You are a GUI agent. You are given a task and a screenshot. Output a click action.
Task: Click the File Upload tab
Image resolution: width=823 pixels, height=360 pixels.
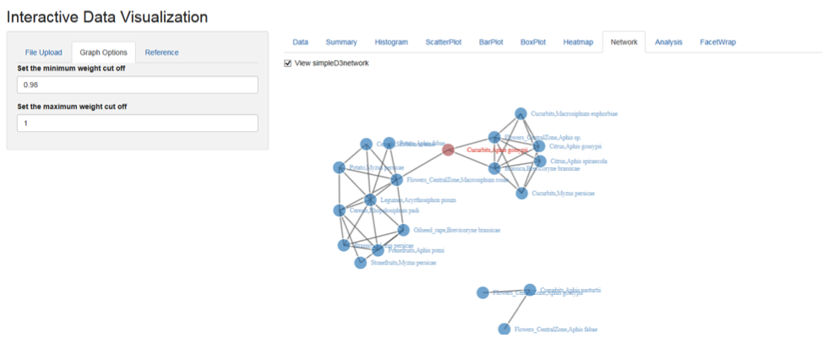point(43,52)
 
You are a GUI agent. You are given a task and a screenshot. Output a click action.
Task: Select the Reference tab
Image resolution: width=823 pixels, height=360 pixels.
point(161,52)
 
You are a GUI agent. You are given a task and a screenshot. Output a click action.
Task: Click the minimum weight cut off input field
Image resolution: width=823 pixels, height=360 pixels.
point(137,85)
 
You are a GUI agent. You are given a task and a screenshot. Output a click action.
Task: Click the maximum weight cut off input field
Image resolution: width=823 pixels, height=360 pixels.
point(137,123)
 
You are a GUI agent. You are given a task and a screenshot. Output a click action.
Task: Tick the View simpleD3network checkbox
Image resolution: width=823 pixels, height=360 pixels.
point(288,63)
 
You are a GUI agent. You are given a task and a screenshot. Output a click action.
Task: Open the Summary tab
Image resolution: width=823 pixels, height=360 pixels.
point(341,42)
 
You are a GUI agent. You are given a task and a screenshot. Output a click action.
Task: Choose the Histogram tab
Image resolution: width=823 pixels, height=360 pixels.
point(391,42)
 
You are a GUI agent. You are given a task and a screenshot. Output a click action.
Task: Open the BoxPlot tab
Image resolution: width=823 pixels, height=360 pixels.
point(533,42)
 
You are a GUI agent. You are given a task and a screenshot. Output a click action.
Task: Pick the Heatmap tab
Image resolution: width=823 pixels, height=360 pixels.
point(578,42)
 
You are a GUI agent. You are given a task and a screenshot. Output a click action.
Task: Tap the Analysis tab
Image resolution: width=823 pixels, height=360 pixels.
point(668,42)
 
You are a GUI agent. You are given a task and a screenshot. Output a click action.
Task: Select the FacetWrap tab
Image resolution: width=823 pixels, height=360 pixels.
point(717,42)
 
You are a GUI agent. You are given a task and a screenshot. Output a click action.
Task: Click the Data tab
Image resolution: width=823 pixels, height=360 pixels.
point(300,42)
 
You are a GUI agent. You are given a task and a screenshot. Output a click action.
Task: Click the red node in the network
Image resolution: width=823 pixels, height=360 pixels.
point(449,150)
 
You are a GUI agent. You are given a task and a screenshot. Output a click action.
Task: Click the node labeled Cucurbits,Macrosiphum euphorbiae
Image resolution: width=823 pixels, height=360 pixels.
point(521,114)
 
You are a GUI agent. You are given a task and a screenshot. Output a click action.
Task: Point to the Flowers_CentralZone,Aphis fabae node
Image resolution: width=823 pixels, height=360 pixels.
point(504,329)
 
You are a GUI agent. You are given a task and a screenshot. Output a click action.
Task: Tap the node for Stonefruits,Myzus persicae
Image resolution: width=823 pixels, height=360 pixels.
point(361,263)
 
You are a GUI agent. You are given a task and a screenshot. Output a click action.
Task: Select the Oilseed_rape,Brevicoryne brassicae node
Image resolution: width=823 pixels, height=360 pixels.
point(403,230)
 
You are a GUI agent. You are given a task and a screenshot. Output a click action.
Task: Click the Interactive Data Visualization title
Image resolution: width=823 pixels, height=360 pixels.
point(107,16)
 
